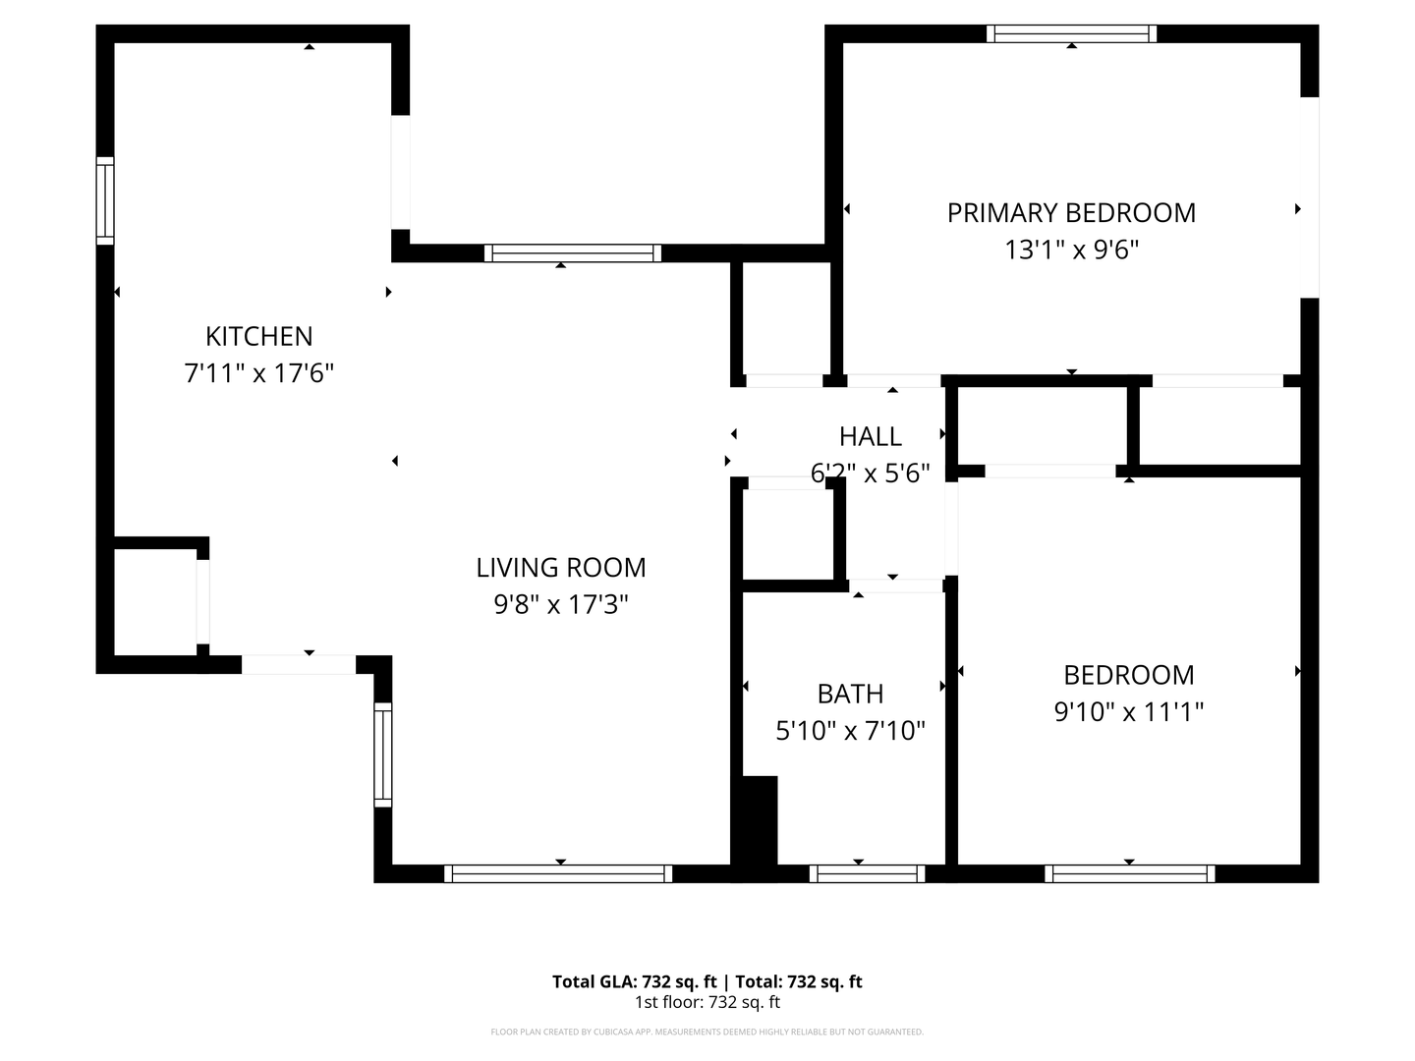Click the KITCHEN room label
tap(258, 336)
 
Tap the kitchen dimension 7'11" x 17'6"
tap(259, 373)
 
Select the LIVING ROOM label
tap(561, 567)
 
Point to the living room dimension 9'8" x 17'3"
tap(561, 604)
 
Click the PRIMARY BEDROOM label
tap(1071, 212)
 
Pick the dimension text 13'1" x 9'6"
tap(1071, 250)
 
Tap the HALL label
tap(870, 436)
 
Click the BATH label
tap(850, 694)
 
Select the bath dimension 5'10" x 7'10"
tap(850, 731)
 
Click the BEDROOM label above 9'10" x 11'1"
tap(1129, 675)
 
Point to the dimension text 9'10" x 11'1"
tap(1129, 711)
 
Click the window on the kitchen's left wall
tap(105, 200)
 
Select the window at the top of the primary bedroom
tap(1071, 33)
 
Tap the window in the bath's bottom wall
tap(867, 873)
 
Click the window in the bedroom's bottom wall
tap(1129, 873)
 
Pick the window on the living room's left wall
tap(383, 754)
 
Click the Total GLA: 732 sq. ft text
tap(637, 981)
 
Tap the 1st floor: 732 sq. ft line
tap(707, 1003)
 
